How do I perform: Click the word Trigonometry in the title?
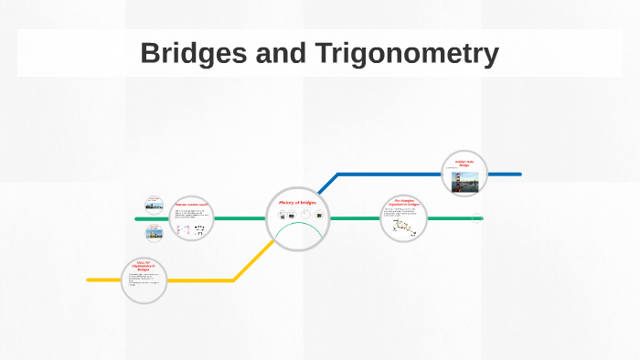pyautogui.click(x=407, y=54)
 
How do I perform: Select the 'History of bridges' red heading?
pyautogui.click(x=297, y=202)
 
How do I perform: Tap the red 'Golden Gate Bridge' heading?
pyautogui.click(x=464, y=163)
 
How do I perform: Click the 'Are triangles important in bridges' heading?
pyautogui.click(x=404, y=203)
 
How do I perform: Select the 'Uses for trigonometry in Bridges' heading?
pyautogui.click(x=144, y=266)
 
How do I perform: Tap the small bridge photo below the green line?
pyautogui.click(x=154, y=233)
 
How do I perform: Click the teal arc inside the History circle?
pyautogui.click(x=298, y=228)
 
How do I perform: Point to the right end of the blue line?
pyautogui.click(x=518, y=174)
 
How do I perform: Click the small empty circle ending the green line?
pyautogui.click(x=476, y=218)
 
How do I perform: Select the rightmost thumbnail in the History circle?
pyautogui.click(x=319, y=216)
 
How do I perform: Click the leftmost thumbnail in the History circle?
pyautogui.click(x=279, y=216)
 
